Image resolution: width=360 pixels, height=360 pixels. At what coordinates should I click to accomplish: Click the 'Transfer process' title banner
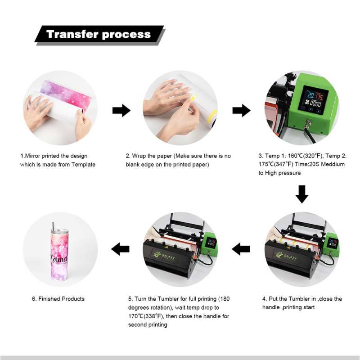(x=100, y=35)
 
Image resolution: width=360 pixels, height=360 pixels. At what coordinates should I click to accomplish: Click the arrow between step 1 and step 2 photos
(x=121, y=110)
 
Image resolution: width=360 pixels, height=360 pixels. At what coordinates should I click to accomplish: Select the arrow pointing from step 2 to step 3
(x=241, y=110)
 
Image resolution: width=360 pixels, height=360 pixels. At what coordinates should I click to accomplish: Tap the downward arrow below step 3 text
(x=301, y=194)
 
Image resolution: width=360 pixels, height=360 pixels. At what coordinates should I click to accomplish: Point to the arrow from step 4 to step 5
(x=241, y=249)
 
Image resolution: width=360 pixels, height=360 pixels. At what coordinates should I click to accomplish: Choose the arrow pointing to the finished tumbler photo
(x=120, y=249)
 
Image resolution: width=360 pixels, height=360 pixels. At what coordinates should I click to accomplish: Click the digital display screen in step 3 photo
(x=313, y=101)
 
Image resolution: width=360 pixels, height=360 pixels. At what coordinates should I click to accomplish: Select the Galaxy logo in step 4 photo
(x=286, y=256)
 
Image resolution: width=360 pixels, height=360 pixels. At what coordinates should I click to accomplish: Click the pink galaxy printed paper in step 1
(x=66, y=94)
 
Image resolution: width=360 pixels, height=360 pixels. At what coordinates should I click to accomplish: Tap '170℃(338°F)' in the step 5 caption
(x=146, y=316)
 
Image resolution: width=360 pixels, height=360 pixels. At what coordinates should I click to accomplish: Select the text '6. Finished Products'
(x=58, y=299)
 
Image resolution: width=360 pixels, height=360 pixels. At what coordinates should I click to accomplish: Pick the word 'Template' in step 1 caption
(x=83, y=164)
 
